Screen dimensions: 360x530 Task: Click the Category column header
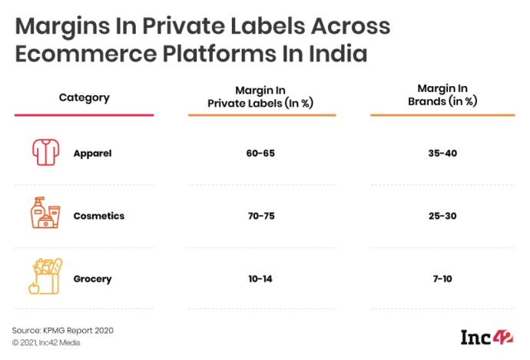coord(84,97)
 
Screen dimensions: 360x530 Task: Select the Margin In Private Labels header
coord(261,97)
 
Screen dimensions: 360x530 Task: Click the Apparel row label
coord(92,153)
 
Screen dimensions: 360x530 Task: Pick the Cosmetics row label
coord(98,216)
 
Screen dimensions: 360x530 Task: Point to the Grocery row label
coord(92,278)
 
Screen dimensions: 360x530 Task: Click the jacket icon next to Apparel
coord(45,153)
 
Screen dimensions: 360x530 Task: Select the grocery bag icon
coord(45,276)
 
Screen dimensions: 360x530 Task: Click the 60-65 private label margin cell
coord(260,153)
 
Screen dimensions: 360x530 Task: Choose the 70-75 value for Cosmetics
coord(260,216)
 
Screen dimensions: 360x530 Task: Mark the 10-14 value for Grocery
coord(260,278)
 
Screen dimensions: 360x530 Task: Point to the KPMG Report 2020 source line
coord(63,329)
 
